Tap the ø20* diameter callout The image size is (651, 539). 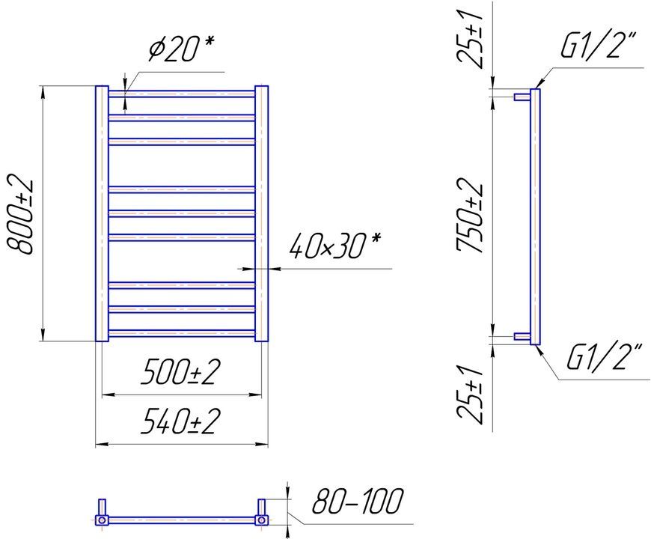[181, 48]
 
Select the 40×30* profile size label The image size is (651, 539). [335, 246]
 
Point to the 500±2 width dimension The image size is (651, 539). [180, 372]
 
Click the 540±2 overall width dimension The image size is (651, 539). [180, 421]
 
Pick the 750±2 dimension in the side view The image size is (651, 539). [470, 216]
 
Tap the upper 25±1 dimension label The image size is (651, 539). [470, 35]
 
